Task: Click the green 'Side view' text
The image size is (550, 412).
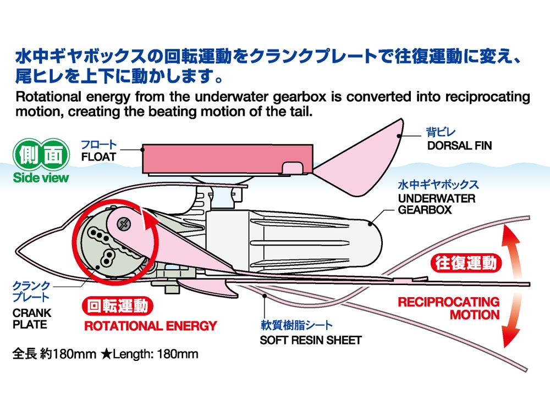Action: click(x=41, y=177)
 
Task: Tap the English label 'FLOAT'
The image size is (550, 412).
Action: click(x=98, y=157)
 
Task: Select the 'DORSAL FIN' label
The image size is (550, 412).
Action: click(x=459, y=146)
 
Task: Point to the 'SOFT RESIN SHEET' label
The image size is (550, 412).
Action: click(x=311, y=340)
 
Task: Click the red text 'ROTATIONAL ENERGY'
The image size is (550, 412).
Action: click(x=150, y=326)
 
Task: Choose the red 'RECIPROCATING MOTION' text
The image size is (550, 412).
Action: click(x=449, y=308)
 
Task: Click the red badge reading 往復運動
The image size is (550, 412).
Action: click(x=465, y=263)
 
